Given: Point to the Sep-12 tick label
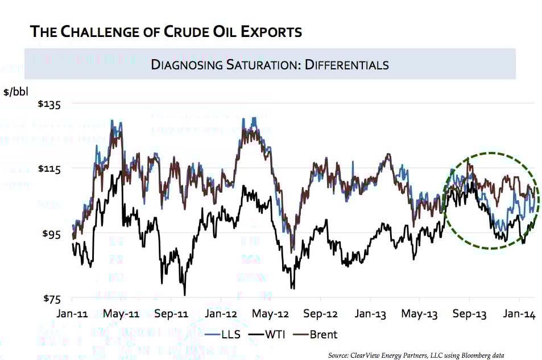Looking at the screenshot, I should click(321, 313).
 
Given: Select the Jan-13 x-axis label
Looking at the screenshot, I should click(370, 313).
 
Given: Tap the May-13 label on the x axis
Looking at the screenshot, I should click(420, 313).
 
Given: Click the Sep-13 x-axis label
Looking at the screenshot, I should click(469, 313).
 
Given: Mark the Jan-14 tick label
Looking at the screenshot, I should click(518, 313).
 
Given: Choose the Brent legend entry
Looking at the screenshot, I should click(324, 334).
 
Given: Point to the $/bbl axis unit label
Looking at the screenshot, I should click(15, 90).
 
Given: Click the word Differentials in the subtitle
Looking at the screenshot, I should click(347, 64).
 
